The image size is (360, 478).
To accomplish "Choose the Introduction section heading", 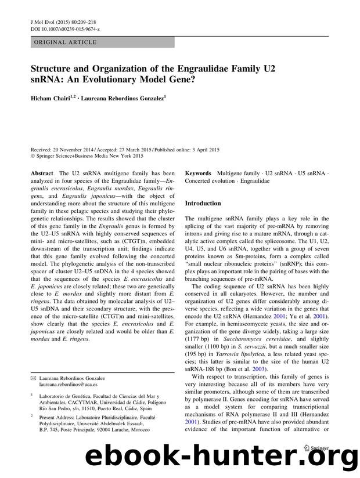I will (203, 204).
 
